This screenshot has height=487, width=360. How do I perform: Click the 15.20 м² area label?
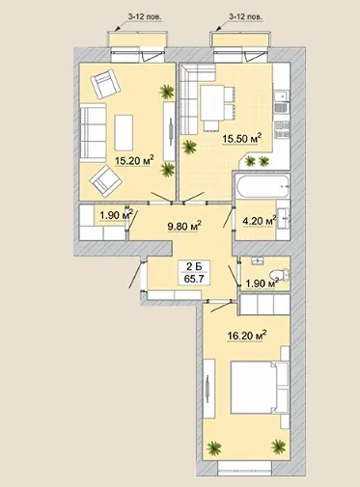[134, 160]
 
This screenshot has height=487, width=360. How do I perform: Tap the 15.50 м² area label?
[242, 139]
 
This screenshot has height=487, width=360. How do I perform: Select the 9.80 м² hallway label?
[184, 226]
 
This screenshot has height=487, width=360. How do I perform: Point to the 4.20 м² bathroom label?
[260, 221]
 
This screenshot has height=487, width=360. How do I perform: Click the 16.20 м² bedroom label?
[247, 336]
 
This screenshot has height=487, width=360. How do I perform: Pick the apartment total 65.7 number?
[194, 279]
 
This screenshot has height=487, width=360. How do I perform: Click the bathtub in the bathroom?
[263, 186]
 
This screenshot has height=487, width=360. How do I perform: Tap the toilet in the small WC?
[280, 275]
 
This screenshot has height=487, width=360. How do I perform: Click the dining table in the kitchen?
[212, 103]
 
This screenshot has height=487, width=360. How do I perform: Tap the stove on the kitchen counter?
[282, 129]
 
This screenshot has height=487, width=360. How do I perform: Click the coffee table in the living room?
[124, 132]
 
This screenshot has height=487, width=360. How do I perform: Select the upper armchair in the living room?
[105, 85]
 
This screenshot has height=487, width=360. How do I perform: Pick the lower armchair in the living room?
[106, 181]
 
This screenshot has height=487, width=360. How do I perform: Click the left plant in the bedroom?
[214, 447]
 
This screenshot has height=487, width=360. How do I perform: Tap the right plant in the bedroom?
[278, 446]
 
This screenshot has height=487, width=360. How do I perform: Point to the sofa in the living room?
[93, 132]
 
